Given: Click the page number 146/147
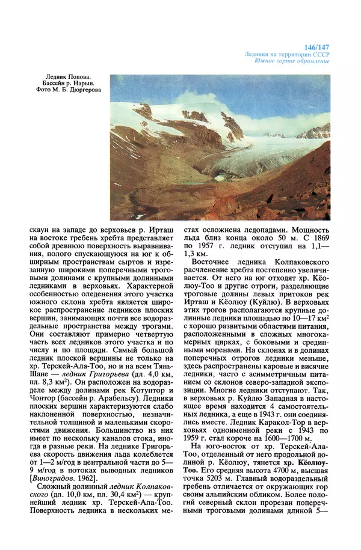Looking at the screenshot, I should (x=318, y=46).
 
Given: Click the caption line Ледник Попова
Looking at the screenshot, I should (x=72, y=77).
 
